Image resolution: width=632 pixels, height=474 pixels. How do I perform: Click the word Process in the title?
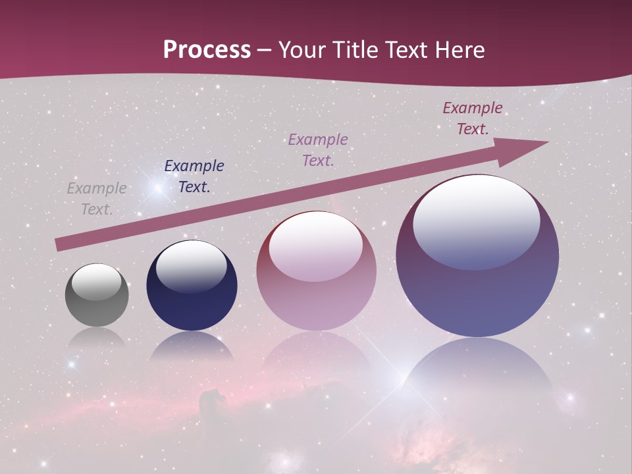(207, 50)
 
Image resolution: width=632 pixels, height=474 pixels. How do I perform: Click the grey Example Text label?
(97, 199)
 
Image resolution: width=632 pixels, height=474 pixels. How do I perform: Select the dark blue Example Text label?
(194, 176)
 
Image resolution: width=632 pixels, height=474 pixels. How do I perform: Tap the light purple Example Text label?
(318, 149)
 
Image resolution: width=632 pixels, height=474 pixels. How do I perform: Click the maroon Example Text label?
(472, 118)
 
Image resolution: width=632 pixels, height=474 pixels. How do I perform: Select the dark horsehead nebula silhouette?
(212, 399)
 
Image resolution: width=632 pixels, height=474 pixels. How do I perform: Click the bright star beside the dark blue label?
(157, 189)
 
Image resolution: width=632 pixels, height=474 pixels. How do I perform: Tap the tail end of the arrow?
(59, 245)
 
